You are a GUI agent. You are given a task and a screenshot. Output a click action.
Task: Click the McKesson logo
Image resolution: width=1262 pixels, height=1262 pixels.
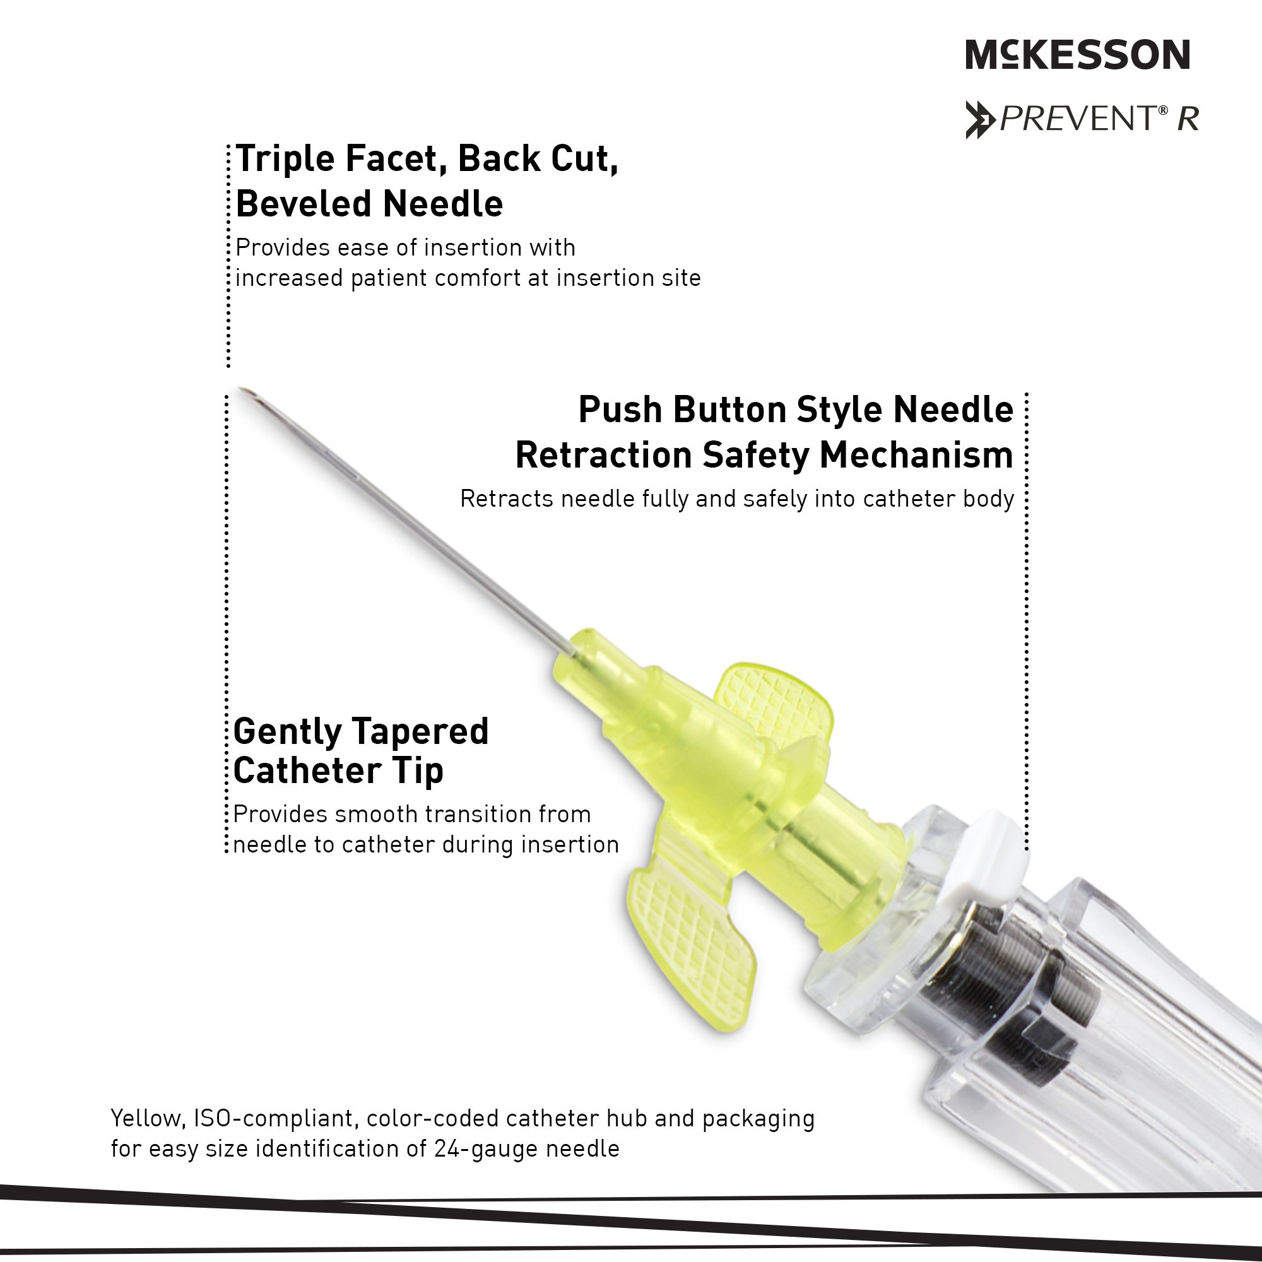tap(1077, 54)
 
